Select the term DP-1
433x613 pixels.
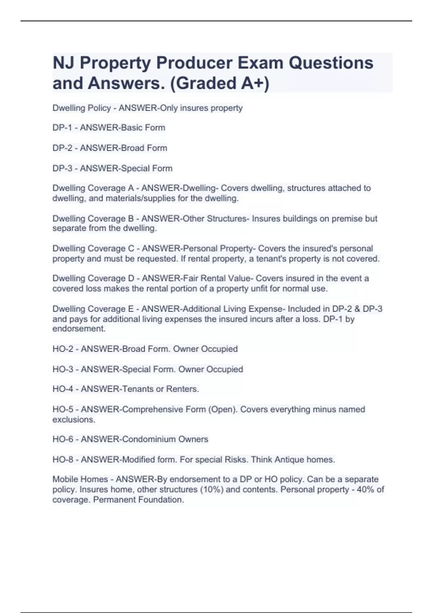62,128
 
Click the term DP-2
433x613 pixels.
62,148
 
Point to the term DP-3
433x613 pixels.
62,168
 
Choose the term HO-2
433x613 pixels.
63,349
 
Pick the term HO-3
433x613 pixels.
63,369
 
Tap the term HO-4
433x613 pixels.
63,389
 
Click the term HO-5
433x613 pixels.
63,410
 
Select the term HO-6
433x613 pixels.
63,439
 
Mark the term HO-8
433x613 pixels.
63,460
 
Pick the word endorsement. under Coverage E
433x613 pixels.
79,329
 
